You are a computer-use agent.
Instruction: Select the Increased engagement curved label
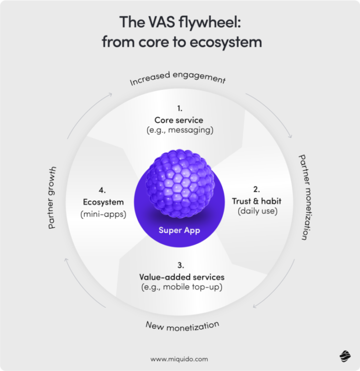pos(177,79)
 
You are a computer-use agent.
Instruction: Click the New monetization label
pos(182,326)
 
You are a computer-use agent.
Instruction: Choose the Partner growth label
pos(52,197)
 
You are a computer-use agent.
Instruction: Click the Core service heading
pos(179,120)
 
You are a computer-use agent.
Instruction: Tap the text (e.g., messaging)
pos(180,130)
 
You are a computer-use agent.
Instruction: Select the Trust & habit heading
pos(257,201)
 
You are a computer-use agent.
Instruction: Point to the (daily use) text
pos(258,211)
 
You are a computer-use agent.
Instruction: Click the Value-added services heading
pos(182,277)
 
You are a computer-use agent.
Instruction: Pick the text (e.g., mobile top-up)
pos(182,287)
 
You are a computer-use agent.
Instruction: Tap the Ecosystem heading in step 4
pos(103,202)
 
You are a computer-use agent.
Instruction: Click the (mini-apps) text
pos(103,214)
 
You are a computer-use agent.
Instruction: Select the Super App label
pos(179,230)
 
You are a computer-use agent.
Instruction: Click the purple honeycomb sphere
pos(181,184)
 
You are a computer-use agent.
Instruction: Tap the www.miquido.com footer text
pos(179,359)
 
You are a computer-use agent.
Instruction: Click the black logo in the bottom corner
pos(345,356)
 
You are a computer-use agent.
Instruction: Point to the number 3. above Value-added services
pos(181,266)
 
